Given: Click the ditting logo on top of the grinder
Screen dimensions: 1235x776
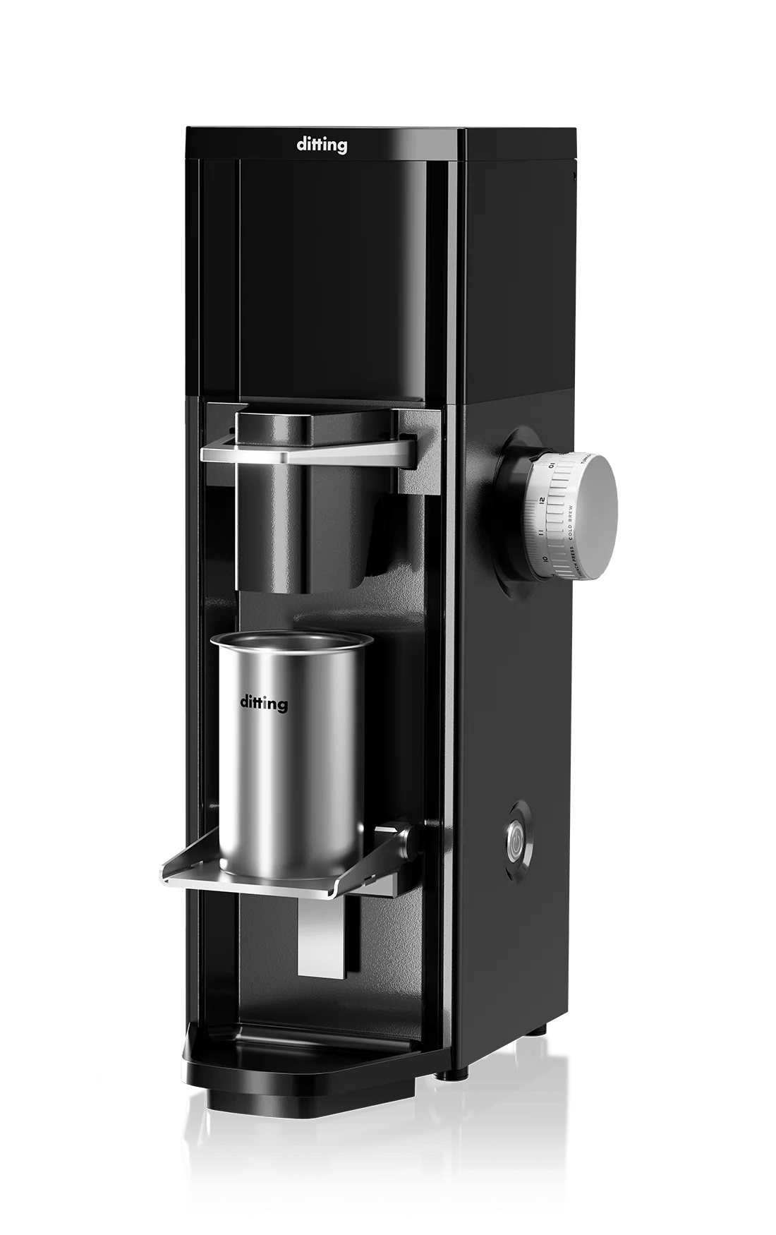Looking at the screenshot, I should click(x=322, y=145).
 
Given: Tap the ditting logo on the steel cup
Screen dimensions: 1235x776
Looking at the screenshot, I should click(x=264, y=703).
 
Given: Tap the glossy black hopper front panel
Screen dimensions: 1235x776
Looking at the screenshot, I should click(x=332, y=275).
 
